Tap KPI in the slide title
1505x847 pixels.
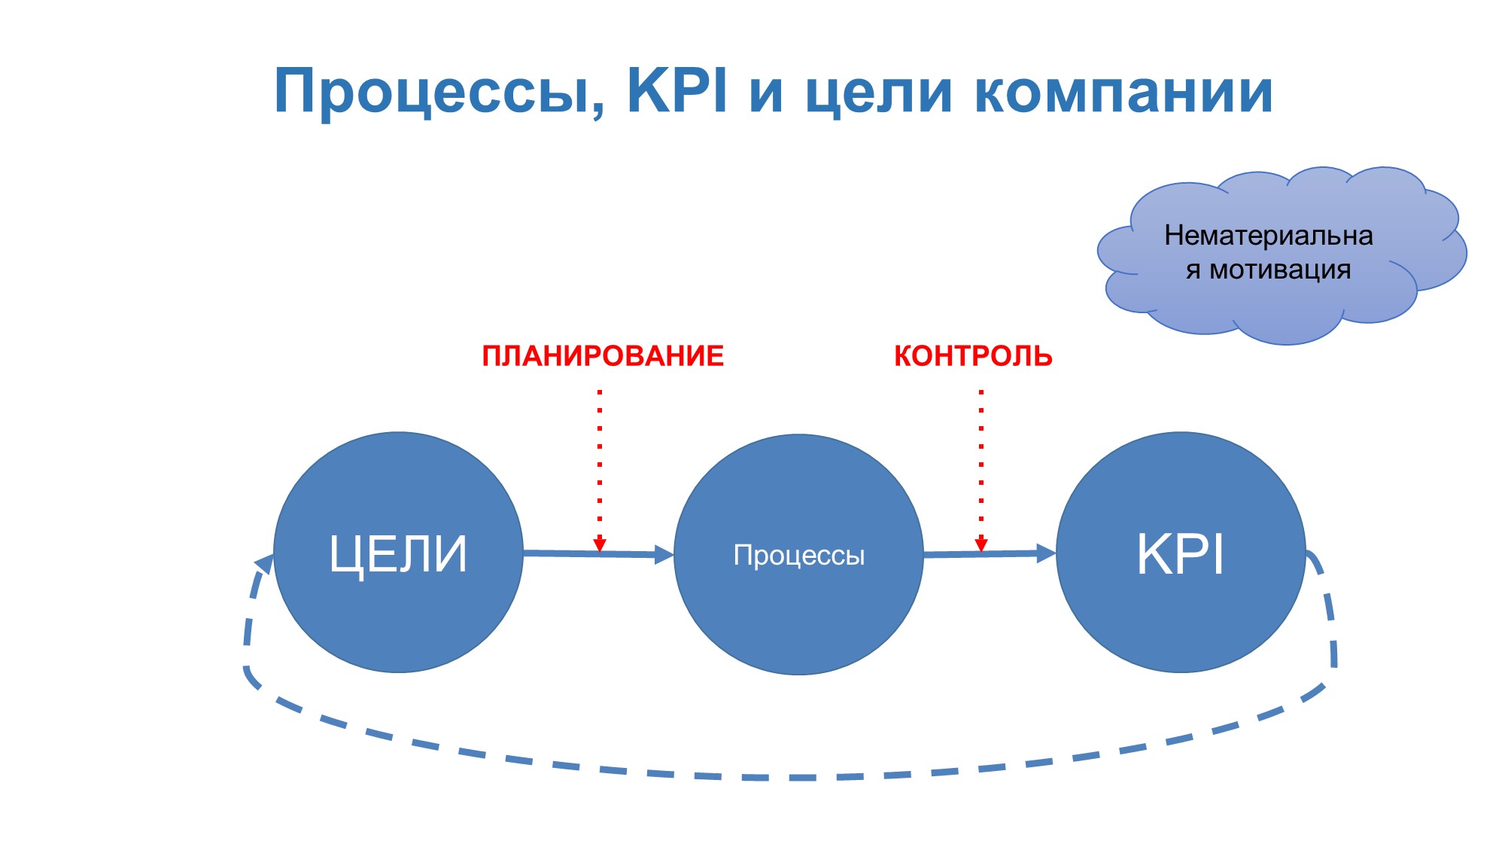coord(677,91)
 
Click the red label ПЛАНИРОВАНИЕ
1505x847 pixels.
coord(603,356)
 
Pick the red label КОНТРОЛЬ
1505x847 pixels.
coord(973,356)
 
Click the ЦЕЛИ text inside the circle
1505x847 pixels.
coord(398,556)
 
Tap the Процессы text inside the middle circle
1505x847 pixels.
coord(798,556)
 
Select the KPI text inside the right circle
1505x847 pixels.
coord(1180,554)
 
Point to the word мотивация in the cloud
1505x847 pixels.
coord(1280,270)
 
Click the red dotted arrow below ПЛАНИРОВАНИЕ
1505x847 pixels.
coord(600,467)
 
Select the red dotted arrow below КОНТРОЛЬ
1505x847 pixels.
coord(981,467)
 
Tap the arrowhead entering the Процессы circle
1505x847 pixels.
coord(664,555)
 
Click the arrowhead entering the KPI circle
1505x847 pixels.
coord(1047,553)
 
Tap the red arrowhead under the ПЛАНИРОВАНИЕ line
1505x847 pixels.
coord(600,544)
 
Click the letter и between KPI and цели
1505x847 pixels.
coord(766,95)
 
